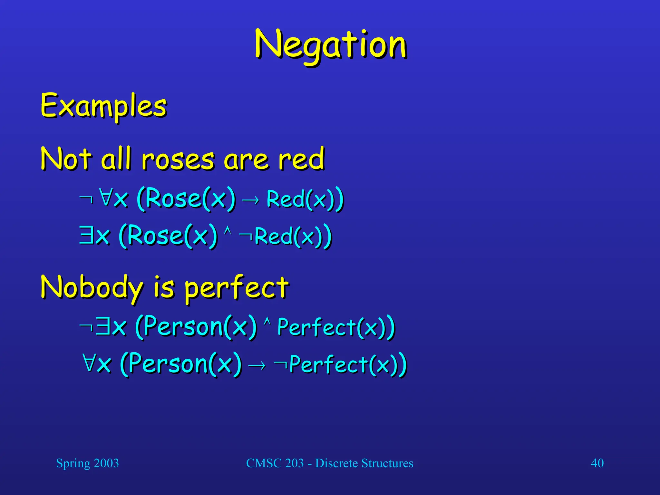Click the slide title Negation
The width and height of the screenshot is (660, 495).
coord(330,45)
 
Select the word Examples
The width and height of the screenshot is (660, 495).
coord(103,106)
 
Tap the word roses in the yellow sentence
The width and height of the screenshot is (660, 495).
coord(178,159)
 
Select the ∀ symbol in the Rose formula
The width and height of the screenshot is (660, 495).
coord(105,197)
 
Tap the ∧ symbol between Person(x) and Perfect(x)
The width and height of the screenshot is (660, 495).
coord(267,321)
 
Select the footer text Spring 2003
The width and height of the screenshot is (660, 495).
coord(87,463)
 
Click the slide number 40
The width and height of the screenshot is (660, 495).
coord(597,463)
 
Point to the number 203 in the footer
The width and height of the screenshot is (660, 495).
coord(294,463)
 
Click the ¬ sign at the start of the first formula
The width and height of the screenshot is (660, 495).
coord(86,199)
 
